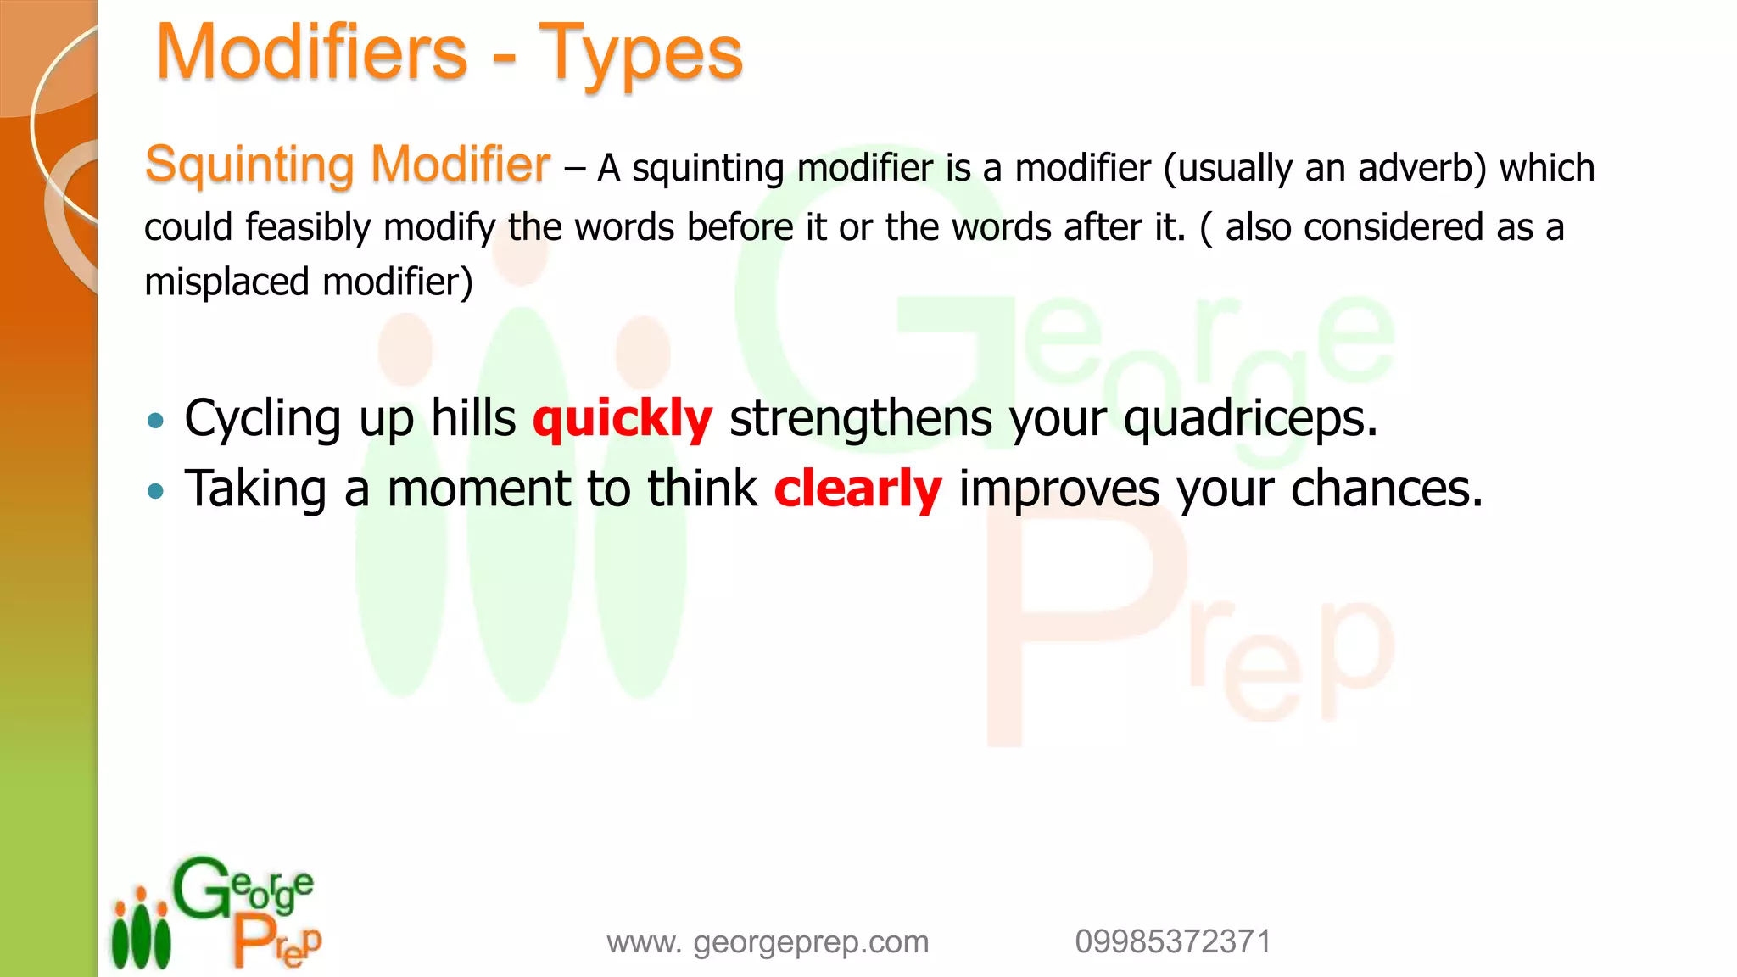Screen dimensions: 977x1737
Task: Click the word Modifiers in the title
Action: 311,53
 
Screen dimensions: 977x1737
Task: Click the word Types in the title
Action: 640,54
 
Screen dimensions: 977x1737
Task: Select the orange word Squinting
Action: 249,165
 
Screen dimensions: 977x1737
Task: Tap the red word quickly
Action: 623,419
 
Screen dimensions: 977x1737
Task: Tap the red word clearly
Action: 857,489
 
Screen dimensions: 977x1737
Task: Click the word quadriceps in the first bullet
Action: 1250,419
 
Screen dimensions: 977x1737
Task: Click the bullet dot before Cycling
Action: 155,420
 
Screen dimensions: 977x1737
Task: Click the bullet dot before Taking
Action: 155,490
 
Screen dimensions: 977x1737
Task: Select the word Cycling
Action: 263,419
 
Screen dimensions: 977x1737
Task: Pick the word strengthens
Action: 860,419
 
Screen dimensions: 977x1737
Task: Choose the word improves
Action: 1058,489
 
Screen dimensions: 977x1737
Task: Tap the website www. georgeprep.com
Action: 768,942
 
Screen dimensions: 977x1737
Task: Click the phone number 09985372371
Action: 1173,942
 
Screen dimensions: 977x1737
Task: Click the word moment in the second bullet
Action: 479,489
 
